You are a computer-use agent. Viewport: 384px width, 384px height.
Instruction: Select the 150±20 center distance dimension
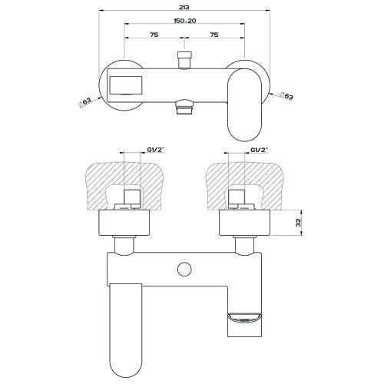tap(184, 22)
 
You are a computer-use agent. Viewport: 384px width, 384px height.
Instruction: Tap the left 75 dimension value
tap(154, 35)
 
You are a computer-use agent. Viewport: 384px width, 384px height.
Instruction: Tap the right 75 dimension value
tap(213, 35)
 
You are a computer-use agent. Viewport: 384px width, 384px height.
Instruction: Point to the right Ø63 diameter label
tap(285, 96)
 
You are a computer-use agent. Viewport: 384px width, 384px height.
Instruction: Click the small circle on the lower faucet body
tap(184, 269)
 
